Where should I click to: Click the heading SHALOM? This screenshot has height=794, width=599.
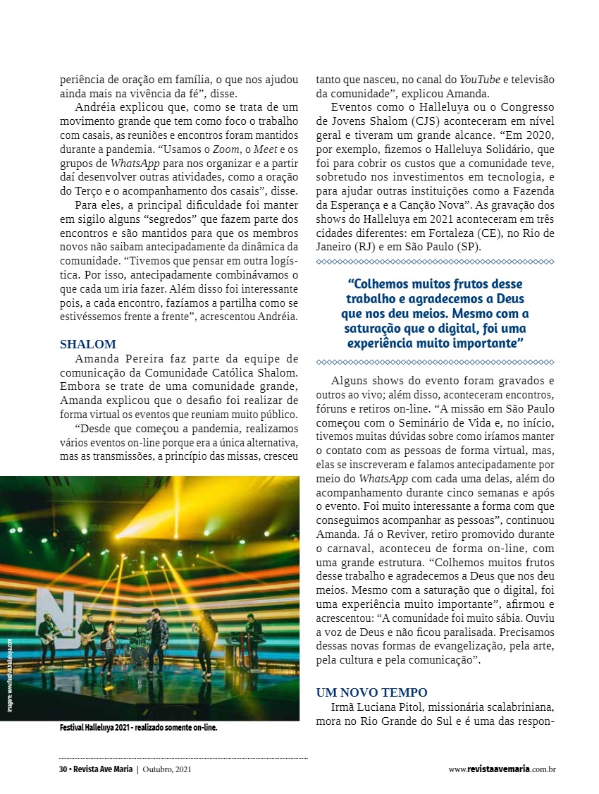[x=88, y=345]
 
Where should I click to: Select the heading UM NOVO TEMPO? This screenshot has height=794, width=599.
[x=371, y=692]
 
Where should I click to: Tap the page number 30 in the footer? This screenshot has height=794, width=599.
[x=63, y=769]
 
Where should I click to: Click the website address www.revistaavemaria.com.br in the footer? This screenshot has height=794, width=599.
[x=502, y=769]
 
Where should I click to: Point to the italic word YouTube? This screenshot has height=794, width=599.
[x=479, y=80]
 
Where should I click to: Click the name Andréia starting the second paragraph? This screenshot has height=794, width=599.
[x=95, y=107]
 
